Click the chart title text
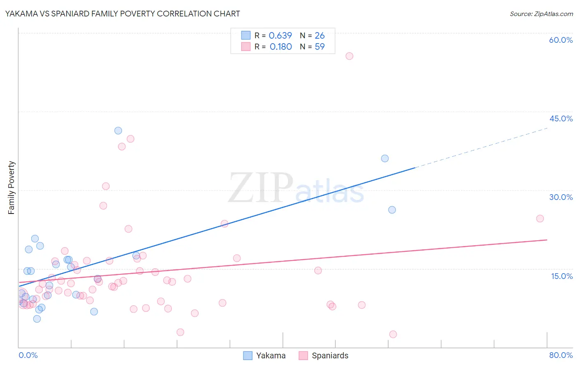[123, 14]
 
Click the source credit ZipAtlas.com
[541, 14]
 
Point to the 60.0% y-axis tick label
[561, 40]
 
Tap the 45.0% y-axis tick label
[561, 118]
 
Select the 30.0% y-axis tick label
[561, 197]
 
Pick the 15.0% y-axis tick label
[562, 276]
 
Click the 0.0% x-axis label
[28, 355]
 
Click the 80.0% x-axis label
[561, 355]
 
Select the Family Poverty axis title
[11, 188]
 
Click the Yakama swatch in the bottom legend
[247, 355]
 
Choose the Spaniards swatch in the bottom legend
[303, 355]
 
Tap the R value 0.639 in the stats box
[280, 35]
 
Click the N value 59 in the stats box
[319, 46]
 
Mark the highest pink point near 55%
[349, 56]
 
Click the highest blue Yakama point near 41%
[118, 130]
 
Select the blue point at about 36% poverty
[385, 158]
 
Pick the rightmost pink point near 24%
[540, 218]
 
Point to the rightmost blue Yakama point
[392, 210]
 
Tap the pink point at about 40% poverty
[130, 139]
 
